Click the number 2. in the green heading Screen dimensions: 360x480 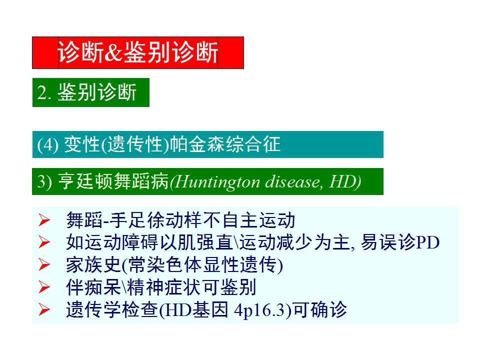(x=45, y=93)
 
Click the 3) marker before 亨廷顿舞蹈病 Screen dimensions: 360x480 (x=45, y=182)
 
